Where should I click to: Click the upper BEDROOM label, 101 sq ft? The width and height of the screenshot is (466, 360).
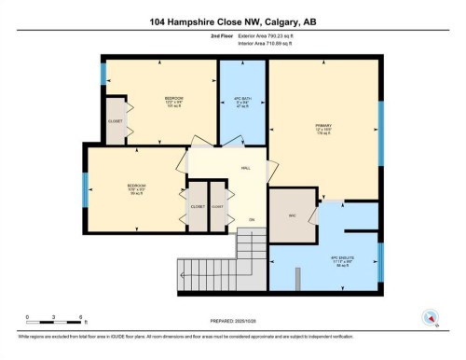173,100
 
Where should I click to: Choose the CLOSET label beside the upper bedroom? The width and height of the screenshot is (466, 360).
116,120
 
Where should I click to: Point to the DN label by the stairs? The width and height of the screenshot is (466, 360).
250,220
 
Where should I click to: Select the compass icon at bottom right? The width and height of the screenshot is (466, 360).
431,318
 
